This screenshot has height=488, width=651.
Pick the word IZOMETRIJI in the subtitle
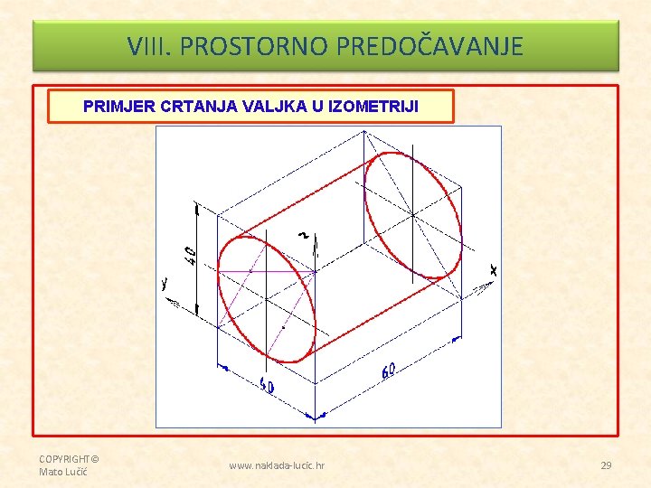[373, 106]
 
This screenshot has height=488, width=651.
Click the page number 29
[606, 465]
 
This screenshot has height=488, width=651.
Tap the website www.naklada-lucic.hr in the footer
[277, 465]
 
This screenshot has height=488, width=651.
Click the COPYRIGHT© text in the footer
[69, 459]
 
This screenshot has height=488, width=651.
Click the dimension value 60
[389, 370]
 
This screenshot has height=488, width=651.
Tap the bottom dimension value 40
[267, 387]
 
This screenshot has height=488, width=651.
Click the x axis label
[493, 269]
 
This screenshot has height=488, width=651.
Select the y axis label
[164, 283]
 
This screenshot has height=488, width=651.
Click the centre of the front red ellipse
[268, 298]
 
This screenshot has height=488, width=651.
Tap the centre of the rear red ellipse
[413, 215]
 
